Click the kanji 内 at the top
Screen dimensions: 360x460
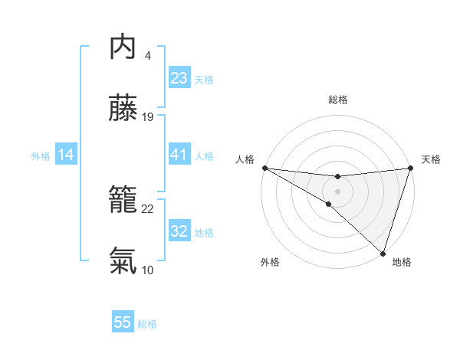coord(123,47)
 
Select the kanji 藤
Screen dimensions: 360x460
coord(123,109)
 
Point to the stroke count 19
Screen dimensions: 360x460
coord(148,117)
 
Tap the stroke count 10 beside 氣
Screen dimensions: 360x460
coord(148,270)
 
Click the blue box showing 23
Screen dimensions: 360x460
coord(179,78)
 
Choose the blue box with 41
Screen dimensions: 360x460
coord(179,155)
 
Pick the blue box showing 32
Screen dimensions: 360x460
coord(179,231)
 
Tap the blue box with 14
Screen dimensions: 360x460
coord(66,155)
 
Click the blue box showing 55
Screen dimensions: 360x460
coord(123,322)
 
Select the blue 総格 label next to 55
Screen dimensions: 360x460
coord(147,324)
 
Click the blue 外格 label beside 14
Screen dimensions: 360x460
coord(41,156)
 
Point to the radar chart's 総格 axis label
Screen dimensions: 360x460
coord(337,100)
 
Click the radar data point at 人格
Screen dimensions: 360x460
coord(264,168)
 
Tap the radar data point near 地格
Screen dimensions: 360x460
coord(383,254)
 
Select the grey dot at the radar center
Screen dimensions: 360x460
coord(337,191)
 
